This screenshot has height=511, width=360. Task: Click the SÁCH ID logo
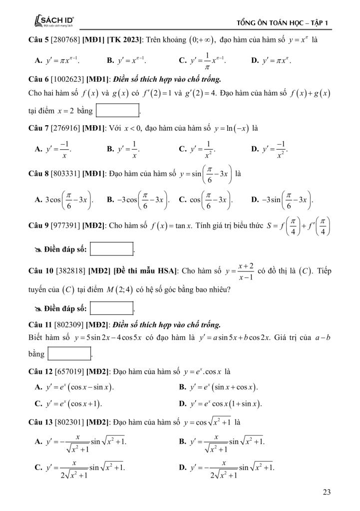click(52, 21)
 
